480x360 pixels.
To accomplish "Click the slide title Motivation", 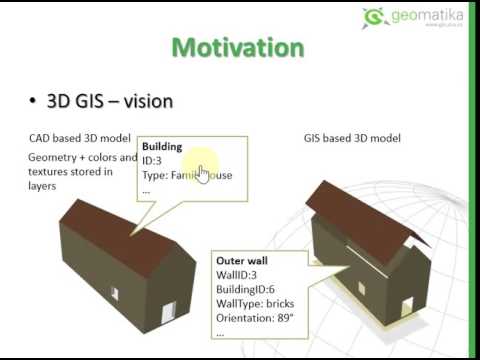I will pyautogui.click(x=239, y=47).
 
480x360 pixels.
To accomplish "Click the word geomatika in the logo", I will pyautogui.click(x=422, y=13).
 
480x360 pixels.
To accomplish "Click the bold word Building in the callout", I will pyautogui.click(x=162, y=146).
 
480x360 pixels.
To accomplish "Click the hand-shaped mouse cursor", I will pyautogui.click(x=203, y=173).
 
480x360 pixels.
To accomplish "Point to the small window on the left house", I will pyautogui.click(x=115, y=293).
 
